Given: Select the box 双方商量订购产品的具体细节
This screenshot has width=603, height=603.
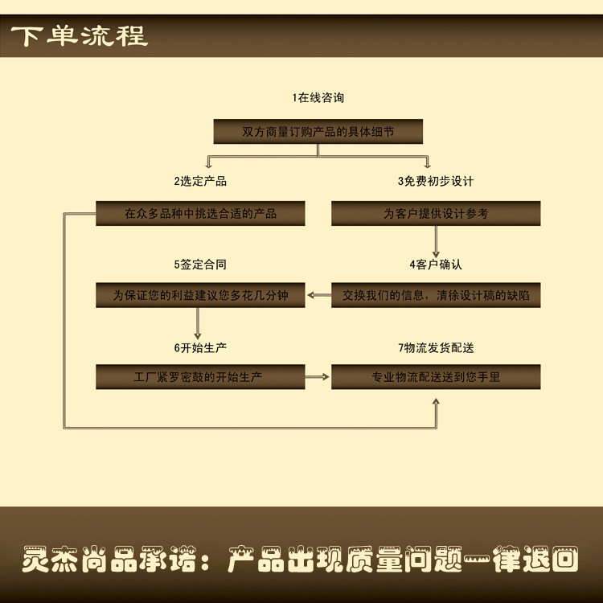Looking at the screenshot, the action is pos(318,131).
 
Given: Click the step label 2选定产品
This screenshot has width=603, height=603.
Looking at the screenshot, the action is pos(200,181).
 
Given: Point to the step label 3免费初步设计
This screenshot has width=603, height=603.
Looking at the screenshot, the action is pos(436,181).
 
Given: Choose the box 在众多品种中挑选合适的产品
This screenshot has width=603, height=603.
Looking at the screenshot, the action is pos(200,214).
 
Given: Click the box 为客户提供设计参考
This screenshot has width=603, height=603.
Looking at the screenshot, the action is pos(436,214).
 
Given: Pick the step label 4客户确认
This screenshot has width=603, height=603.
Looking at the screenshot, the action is pos(436,264).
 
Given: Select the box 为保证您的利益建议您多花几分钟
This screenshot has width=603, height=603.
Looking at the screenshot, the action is pos(200,296).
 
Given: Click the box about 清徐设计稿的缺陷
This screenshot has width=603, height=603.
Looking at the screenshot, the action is pos(436,296).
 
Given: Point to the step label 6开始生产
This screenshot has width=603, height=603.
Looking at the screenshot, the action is pos(200,347).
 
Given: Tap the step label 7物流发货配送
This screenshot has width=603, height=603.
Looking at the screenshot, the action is pos(436,347).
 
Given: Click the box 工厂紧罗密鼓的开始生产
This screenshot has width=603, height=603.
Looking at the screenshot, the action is pos(200,376).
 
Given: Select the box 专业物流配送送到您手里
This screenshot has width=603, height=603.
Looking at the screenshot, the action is pos(436,376).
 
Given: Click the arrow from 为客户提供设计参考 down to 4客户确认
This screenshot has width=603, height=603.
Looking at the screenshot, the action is pos(436,240).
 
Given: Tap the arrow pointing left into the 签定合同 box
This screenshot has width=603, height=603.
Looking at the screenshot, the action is pos(319,296).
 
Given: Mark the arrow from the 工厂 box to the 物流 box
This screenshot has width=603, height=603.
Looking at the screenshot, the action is pos(318,376).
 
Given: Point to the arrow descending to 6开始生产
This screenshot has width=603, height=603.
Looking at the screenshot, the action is pos(198,322).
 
